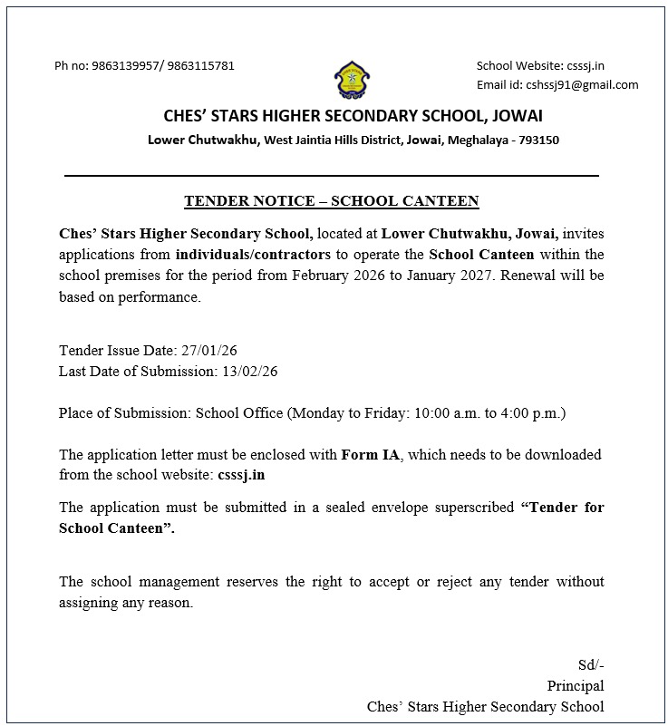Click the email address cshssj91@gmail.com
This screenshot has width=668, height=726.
click(x=582, y=85)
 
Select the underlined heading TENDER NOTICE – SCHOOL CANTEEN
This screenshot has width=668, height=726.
click(x=331, y=201)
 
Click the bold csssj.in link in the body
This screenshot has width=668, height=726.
click(x=242, y=474)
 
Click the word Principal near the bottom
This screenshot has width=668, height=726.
click(x=576, y=686)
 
